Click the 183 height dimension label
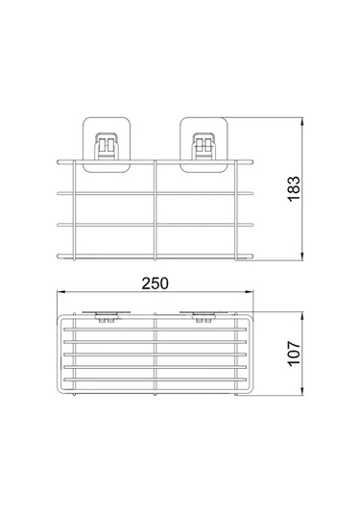[x=294, y=188]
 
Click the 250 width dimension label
[x=155, y=283]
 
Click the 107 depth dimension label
[x=294, y=354]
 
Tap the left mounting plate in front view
[x=107, y=144]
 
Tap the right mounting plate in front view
[x=204, y=144]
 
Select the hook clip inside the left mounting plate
[x=106, y=146]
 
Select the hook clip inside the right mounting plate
[x=204, y=146]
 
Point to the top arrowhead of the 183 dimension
[x=302, y=121]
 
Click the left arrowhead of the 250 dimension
[x=60, y=291]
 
